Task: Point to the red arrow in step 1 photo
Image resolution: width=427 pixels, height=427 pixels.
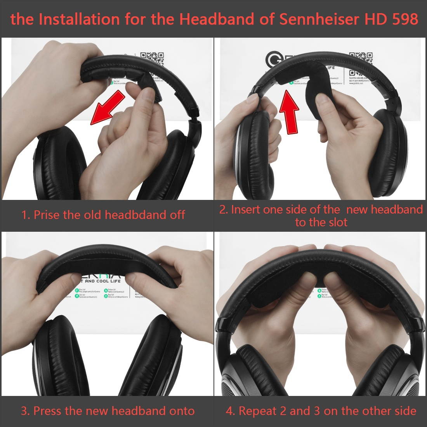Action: click(x=107, y=109)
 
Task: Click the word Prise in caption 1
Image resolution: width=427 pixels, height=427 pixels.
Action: click(x=47, y=215)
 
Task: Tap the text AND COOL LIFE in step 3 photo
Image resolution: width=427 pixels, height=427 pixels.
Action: click(x=103, y=281)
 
